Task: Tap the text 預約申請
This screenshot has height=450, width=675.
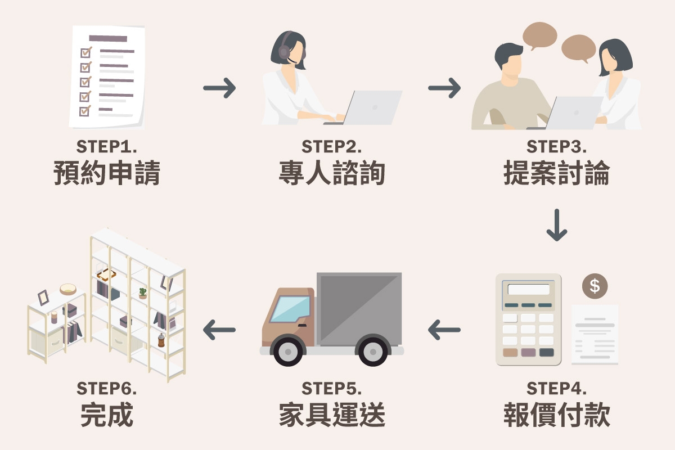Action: [x=107, y=173]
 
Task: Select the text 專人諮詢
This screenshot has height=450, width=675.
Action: [x=332, y=173]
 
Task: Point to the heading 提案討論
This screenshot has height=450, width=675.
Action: [x=556, y=173]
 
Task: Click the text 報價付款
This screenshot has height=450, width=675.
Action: [x=556, y=416]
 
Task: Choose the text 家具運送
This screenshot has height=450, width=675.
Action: [x=332, y=416]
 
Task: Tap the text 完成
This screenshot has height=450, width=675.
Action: [x=107, y=416]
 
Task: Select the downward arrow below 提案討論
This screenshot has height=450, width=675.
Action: [x=556, y=225]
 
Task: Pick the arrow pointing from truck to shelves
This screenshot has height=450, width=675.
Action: [x=219, y=330]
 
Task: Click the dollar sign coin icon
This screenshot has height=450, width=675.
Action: [x=595, y=286]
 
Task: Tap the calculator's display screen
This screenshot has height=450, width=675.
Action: [x=528, y=290]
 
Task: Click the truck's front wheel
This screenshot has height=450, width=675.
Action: [x=288, y=352]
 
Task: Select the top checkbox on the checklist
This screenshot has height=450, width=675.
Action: [x=85, y=52]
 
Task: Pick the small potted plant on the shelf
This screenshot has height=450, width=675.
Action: [x=142, y=292]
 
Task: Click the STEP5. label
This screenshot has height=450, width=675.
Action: [x=332, y=389]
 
